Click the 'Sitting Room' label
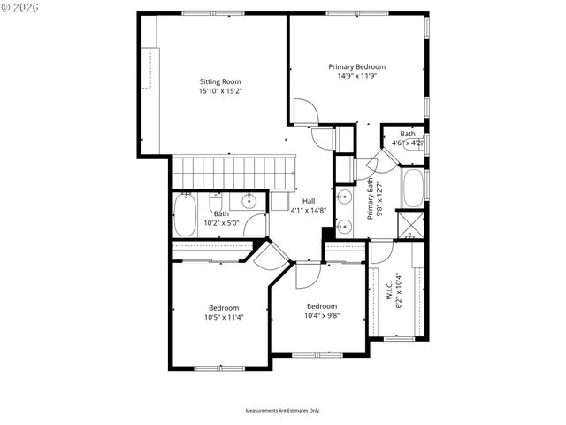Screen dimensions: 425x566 point(220,81)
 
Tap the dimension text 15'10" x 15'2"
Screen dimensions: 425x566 point(220,90)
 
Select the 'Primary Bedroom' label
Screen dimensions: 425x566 point(356,66)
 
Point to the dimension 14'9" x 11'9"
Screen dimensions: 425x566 point(356,76)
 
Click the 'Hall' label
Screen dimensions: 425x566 point(309,201)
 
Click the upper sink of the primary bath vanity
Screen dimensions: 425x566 point(345,197)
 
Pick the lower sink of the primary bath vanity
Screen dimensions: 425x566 point(345,226)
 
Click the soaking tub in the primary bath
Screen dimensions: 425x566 point(413,187)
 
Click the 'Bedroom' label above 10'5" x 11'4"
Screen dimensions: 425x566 point(224,307)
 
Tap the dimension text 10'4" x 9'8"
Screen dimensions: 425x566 point(322,315)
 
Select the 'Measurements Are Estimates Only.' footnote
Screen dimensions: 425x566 point(283,411)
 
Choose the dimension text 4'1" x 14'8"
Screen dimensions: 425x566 point(309,211)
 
